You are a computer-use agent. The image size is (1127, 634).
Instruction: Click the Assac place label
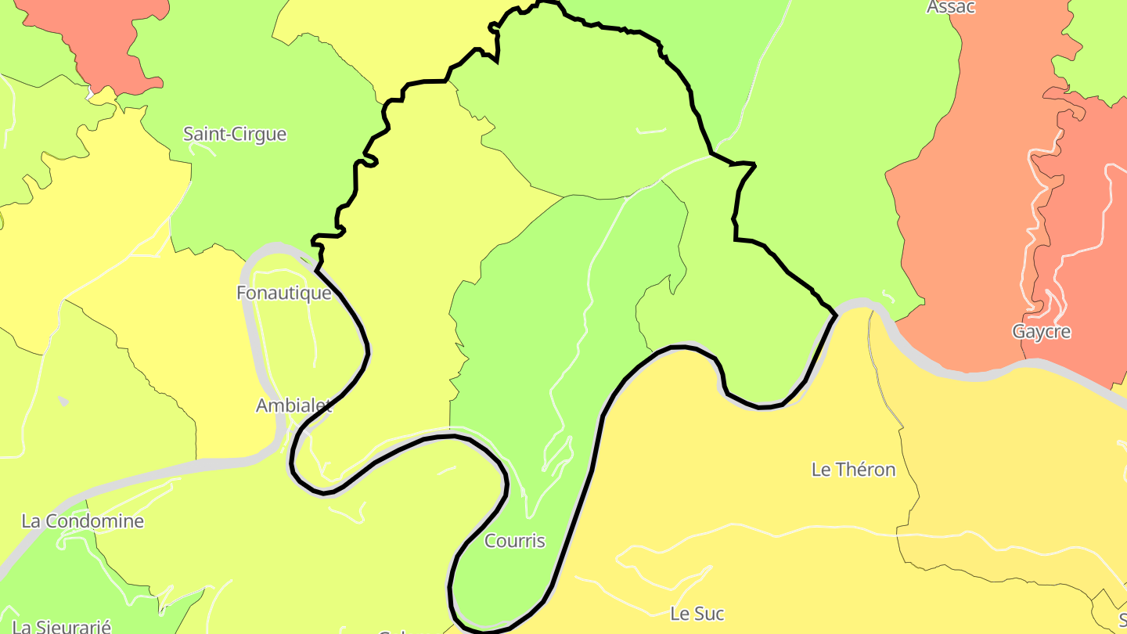tap(951, 7)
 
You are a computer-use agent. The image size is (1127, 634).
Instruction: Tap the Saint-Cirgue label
tap(235, 134)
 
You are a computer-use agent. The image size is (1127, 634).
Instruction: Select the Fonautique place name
tap(283, 294)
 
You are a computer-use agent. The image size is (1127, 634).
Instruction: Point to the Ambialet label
tap(293, 405)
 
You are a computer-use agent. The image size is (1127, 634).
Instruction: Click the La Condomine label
tap(82, 521)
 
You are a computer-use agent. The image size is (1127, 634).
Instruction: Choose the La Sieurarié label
tap(63, 626)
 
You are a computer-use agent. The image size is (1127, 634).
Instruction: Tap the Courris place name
tap(514, 541)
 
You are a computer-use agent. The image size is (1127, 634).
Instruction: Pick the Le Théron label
tap(853, 470)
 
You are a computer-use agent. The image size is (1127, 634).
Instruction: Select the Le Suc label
tap(697, 614)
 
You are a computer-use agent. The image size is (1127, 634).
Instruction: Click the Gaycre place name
tap(1041, 332)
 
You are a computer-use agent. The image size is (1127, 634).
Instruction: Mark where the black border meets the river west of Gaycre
tap(837, 315)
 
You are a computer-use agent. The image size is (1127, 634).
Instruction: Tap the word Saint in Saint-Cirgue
tap(205, 134)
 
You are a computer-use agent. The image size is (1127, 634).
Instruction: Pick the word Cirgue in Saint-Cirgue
tap(259, 134)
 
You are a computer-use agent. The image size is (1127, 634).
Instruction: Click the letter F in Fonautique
tap(242, 294)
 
